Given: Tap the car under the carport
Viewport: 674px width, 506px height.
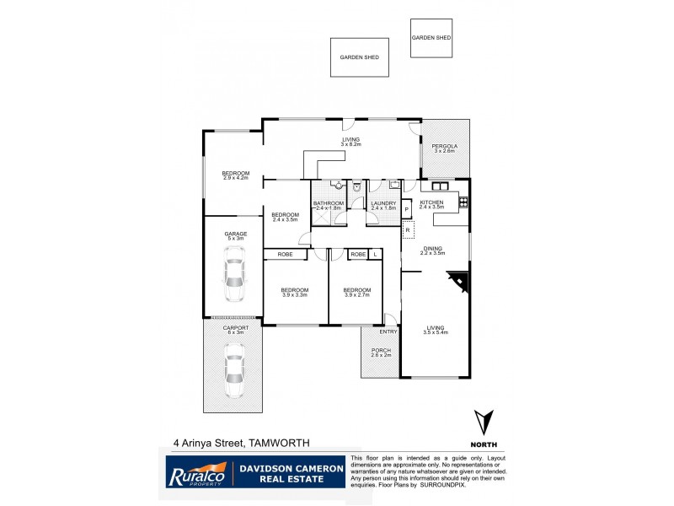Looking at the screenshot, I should pyautogui.click(x=234, y=371).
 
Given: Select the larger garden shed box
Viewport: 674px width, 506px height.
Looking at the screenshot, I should pyautogui.click(x=359, y=57).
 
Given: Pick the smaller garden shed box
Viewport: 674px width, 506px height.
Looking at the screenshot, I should pyautogui.click(x=431, y=39).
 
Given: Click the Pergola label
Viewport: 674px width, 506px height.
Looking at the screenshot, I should pyautogui.click(x=443, y=147).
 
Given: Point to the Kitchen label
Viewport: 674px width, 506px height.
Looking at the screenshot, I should pyautogui.click(x=431, y=202).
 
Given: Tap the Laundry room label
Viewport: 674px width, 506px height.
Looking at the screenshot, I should pyautogui.click(x=383, y=203).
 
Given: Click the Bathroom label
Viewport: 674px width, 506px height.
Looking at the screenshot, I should pyautogui.click(x=328, y=203).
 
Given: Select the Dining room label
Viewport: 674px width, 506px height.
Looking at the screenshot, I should pyautogui.click(x=433, y=248).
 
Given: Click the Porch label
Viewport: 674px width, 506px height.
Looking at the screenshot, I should pyautogui.click(x=381, y=351).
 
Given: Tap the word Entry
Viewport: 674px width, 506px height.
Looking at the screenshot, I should pyautogui.click(x=388, y=332).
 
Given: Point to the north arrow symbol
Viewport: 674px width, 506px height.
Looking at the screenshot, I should pyautogui.click(x=483, y=423).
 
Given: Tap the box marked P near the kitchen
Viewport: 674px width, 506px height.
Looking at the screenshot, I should pyautogui.click(x=406, y=209).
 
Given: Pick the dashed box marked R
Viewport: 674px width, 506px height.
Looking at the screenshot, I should pyautogui.click(x=408, y=229).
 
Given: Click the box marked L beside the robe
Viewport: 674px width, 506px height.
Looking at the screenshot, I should pyautogui.click(x=375, y=254).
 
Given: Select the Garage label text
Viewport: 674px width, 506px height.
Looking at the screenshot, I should pyautogui.click(x=235, y=234).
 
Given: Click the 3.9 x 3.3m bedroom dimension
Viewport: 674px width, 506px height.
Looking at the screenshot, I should pyautogui.click(x=295, y=294).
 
